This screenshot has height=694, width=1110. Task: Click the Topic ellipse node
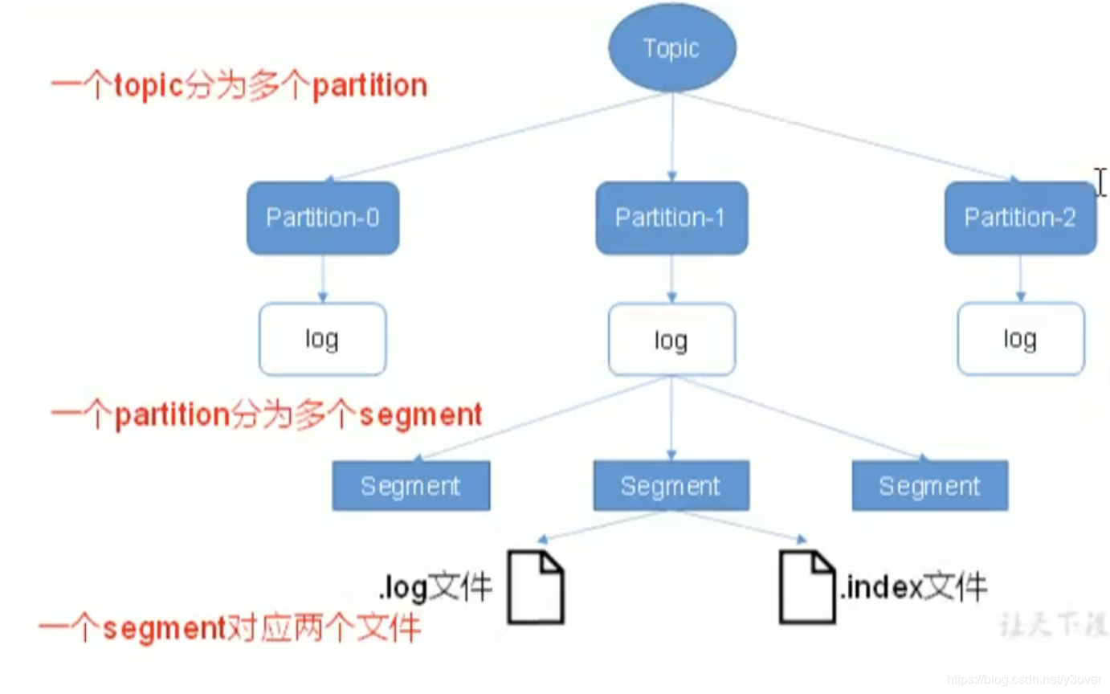point(671,48)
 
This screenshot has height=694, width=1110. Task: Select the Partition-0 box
point(322,218)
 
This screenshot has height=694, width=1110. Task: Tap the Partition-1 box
point(671,218)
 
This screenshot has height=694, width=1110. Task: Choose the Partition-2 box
point(1019,218)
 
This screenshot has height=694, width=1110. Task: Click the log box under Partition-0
point(322,339)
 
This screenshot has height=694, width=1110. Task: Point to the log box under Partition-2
point(1020,339)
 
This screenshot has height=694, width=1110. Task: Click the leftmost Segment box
point(410,486)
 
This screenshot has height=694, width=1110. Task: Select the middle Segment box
point(671,486)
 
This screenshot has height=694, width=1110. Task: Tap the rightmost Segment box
point(929,486)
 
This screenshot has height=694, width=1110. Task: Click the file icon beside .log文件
point(537,587)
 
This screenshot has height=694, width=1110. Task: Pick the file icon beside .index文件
point(807,587)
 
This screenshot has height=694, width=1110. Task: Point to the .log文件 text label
point(435,589)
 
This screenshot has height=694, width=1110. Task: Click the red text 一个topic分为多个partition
point(239,86)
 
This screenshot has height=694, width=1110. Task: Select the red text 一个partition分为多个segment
point(266,415)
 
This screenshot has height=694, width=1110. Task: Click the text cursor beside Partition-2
point(1100,182)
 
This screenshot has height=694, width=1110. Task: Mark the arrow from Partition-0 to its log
point(322,278)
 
